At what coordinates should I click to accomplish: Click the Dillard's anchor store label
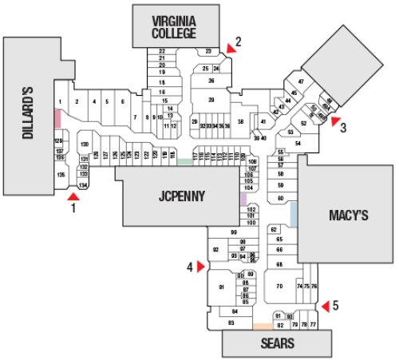[26, 114]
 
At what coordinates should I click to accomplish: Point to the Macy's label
[348, 215]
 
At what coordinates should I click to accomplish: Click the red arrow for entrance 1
[73, 193]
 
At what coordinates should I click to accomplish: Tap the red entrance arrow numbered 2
[231, 49]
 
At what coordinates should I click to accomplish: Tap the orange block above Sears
[262, 326]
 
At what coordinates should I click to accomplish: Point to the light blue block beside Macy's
[294, 213]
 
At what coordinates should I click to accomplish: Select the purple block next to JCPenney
[243, 199]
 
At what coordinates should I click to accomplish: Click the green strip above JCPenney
[184, 162]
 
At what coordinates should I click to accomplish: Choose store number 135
[60, 174]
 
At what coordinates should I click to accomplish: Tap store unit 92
[215, 251]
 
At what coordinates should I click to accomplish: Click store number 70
[280, 286]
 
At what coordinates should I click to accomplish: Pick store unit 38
[239, 121]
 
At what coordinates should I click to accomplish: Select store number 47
[302, 82]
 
